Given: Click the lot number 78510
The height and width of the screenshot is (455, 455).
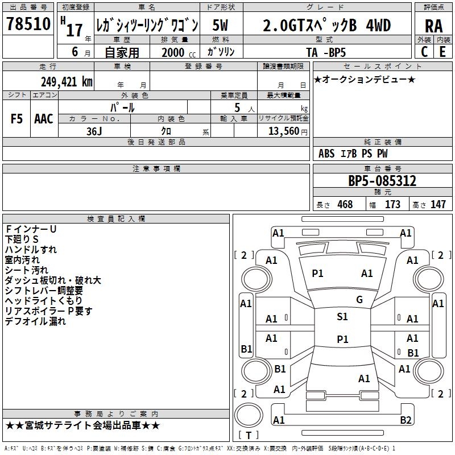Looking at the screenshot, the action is [x=27, y=24].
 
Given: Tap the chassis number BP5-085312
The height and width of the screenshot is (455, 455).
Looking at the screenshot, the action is [x=382, y=181].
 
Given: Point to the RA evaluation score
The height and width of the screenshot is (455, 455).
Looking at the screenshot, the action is [x=433, y=26].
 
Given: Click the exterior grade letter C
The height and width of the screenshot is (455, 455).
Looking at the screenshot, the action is [x=424, y=51].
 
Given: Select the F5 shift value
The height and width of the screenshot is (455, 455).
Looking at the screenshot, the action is [x=16, y=119].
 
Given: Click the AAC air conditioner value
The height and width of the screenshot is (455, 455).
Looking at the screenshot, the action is [x=44, y=119].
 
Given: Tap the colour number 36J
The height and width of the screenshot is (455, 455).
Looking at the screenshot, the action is [x=94, y=130].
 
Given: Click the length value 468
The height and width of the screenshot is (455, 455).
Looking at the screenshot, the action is [x=344, y=204].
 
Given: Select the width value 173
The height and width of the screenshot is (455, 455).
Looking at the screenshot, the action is [x=392, y=204].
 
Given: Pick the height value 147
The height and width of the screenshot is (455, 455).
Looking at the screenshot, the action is [x=437, y=204].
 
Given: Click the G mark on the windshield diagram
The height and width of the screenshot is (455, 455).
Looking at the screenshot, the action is [x=359, y=300].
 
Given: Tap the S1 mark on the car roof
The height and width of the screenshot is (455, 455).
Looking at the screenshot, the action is [x=342, y=317].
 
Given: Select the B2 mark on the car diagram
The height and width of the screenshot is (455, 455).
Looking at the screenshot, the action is [x=406, y=420].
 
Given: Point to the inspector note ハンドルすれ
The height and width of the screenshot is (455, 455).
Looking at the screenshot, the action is [x=31, y=250].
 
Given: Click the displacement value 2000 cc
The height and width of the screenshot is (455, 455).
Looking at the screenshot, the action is [x=176, y=52].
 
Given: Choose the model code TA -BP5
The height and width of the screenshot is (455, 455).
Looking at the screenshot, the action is [x=326, y=52].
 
